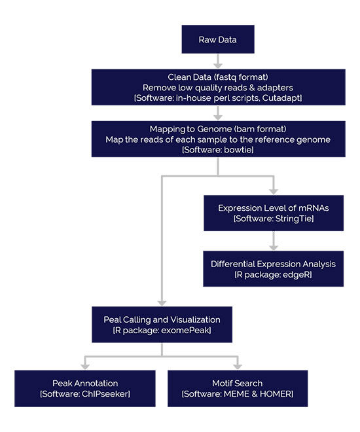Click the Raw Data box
tap(218, 39)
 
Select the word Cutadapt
tap(281, 98)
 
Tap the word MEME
tap(236, 394)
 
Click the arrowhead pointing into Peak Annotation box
tap(85, 367)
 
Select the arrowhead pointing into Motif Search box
tap(238, 367)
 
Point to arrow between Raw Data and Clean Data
tap(218, 61)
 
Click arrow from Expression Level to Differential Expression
tap(273, 241)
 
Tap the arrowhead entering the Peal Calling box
tap(162, 303)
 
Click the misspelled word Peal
tap(112, 319)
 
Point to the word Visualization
tap(195, 319)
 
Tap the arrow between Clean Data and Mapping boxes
tap(218, 113)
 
